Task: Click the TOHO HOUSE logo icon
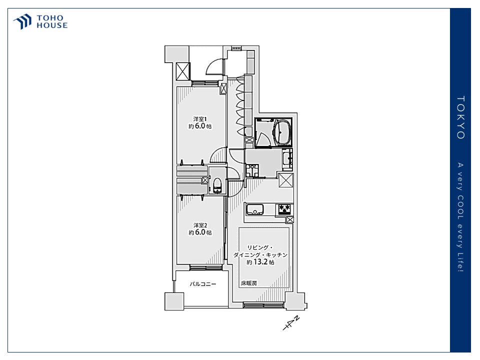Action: (22, 21)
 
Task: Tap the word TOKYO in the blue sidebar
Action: (460, 117)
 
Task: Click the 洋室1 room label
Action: (200, 119)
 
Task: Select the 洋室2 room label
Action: (200, 225)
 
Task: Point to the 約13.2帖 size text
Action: (260, 262)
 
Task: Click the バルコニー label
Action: (202, 284)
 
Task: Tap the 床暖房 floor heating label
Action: (249, 283)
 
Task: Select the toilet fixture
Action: (217, 185)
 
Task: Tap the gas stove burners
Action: (284, 209)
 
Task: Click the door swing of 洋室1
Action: (218, 155)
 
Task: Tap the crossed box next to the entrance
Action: (183, 71)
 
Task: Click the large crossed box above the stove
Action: (286, 180)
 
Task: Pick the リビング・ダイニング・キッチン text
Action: (260, 251)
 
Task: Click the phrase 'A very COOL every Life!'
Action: (460, 217)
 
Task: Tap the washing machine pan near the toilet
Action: (252, 170)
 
